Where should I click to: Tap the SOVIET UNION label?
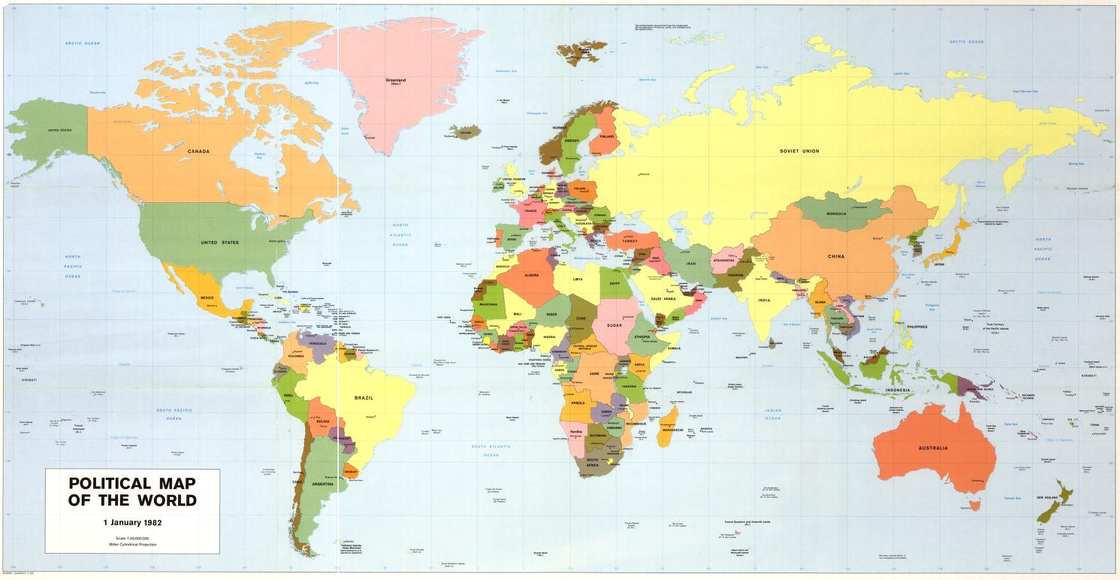tap(799, 151)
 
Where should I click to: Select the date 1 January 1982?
tap(131, 521)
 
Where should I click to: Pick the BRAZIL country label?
tap(364, 397)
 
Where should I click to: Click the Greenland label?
tap(395, 80)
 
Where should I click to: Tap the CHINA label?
tap(836, 256)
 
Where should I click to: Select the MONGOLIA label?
tap(836, 213)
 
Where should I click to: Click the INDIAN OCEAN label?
tap(773, 415)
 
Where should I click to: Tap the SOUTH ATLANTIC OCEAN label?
tap(491, 451)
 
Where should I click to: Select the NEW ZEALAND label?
tap(1048, 497)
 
